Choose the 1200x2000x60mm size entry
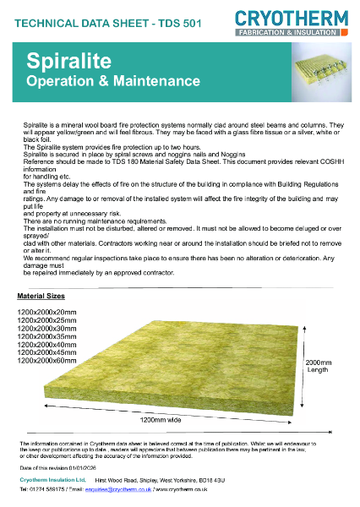(x=46, y=360)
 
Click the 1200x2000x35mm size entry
(x=46, y=336)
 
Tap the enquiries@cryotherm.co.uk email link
(x=121, y=488)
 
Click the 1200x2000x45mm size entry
(x=46, y=352)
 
